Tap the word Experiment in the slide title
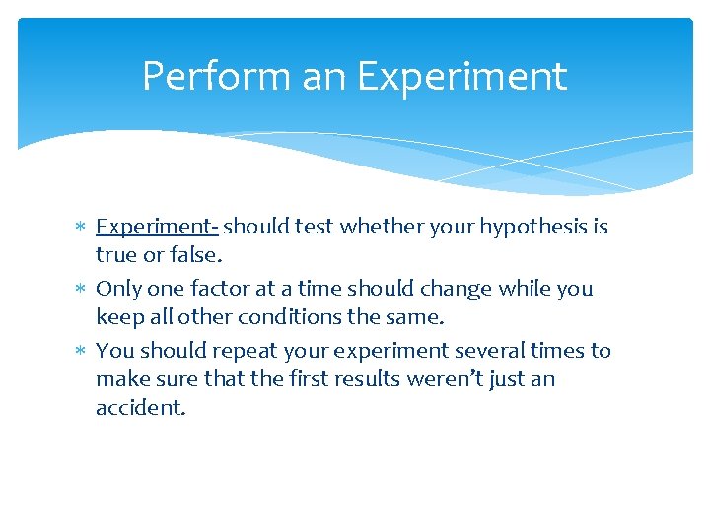(x=462, y=77)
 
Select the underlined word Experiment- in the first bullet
(x=157, y=227)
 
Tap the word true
(x=116, y=255)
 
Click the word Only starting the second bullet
(x=117, y=289)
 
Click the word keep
(x=118, y=317)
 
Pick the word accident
(x=139, y=408)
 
